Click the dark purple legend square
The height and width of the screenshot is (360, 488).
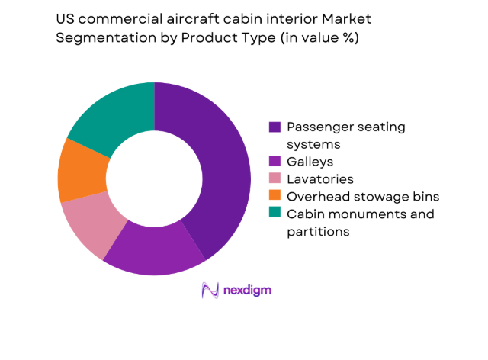click(x=273, y=127)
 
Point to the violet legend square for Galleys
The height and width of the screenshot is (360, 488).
click(x=273, y=162)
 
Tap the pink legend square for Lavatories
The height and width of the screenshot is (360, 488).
click(x=273, y=179)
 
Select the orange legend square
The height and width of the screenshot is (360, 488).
click(x=273, y=197)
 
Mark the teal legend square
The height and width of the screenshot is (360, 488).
click(x=273, y=214)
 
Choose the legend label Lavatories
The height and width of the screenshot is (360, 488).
click(x=320, y=179)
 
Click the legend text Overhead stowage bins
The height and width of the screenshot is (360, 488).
click(x=363, y=197)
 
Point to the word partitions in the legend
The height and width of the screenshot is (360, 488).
click(x=318, y=232)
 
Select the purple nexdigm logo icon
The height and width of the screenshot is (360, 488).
click(x=210, y=290)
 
